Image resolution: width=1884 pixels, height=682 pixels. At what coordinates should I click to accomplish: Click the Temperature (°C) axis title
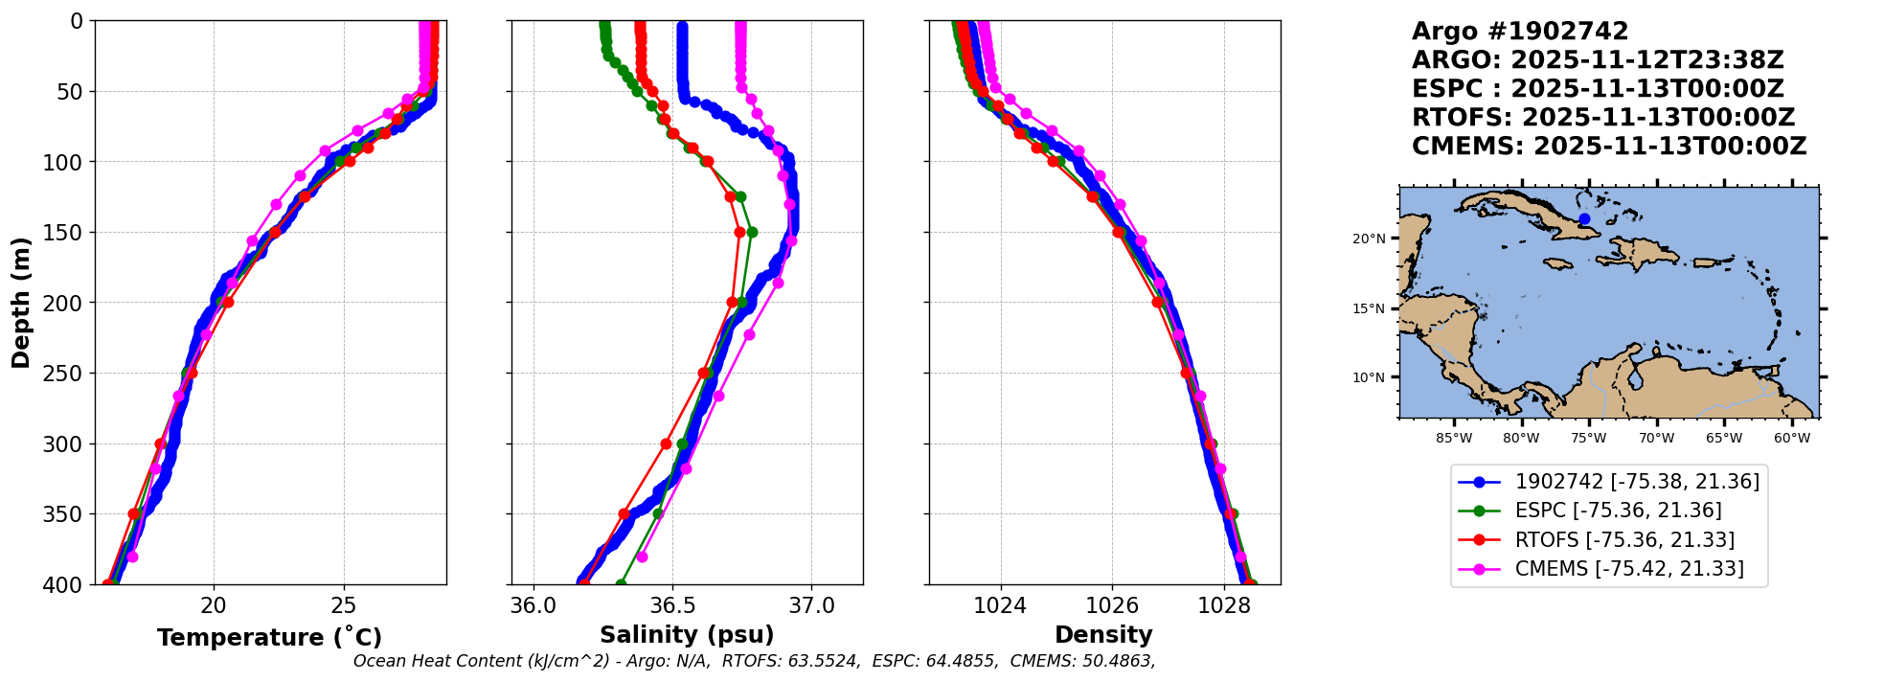click(x=269, y=638)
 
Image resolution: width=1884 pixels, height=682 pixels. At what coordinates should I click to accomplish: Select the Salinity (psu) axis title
click(x=687, y=635)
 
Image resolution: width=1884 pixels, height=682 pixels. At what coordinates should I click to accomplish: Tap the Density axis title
click(x=1103, y=635)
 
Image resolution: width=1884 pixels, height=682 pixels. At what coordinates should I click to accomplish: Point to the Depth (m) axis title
click(x=21, y=303)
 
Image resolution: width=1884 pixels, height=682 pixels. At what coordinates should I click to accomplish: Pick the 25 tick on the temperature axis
click(x=344, y=605)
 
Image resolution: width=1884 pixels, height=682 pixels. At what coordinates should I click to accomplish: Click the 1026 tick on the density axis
click(x=1112, y=605)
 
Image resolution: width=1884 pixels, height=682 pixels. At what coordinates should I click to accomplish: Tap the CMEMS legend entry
click(x=1628, y=569)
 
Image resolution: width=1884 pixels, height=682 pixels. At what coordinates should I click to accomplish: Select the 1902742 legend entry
click(x=1637, y=482)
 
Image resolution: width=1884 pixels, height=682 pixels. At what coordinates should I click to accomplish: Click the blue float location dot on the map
click(x=1584, y=219)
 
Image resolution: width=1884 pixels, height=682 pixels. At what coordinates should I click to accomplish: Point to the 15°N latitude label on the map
click(x=1369, y=308)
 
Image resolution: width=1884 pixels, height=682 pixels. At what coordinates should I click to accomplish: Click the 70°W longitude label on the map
click(x=1656, y=439)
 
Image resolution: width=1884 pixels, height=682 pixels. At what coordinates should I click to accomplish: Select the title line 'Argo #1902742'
click(x=1520, y=32)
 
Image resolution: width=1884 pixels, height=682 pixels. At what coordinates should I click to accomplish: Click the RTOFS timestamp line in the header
click(x=1603, y=118)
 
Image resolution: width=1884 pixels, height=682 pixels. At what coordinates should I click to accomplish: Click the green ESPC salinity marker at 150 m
click(x=752, y=232)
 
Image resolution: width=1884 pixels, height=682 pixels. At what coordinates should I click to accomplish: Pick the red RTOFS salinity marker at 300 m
click(x=666, y=443)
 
